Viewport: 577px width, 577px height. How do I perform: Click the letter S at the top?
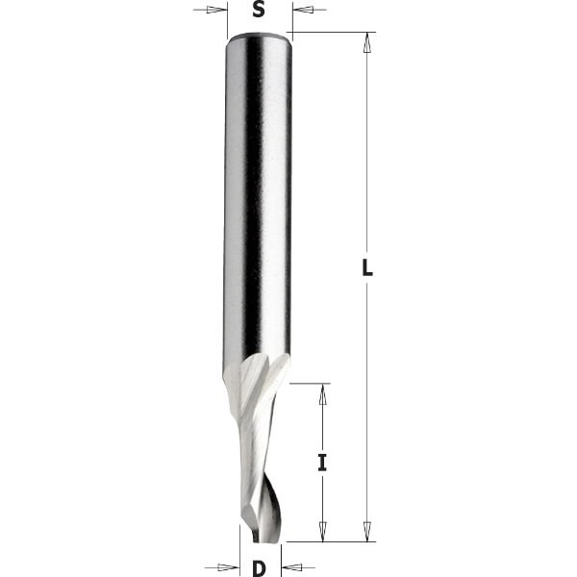tap(258, 11)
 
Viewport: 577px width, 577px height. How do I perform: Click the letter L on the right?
tap(367, 270)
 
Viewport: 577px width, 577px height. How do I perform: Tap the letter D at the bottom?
tap(258, 567)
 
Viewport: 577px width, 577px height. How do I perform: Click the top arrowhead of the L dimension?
tap(366, 41)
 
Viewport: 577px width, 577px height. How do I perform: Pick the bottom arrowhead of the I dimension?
tap(323, 533)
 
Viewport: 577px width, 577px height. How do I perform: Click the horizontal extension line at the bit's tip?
tap(317, 541)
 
